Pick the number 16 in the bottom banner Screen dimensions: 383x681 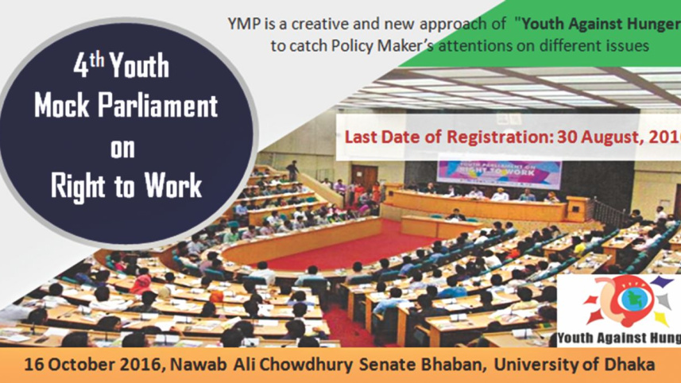[x=35, y=366]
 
